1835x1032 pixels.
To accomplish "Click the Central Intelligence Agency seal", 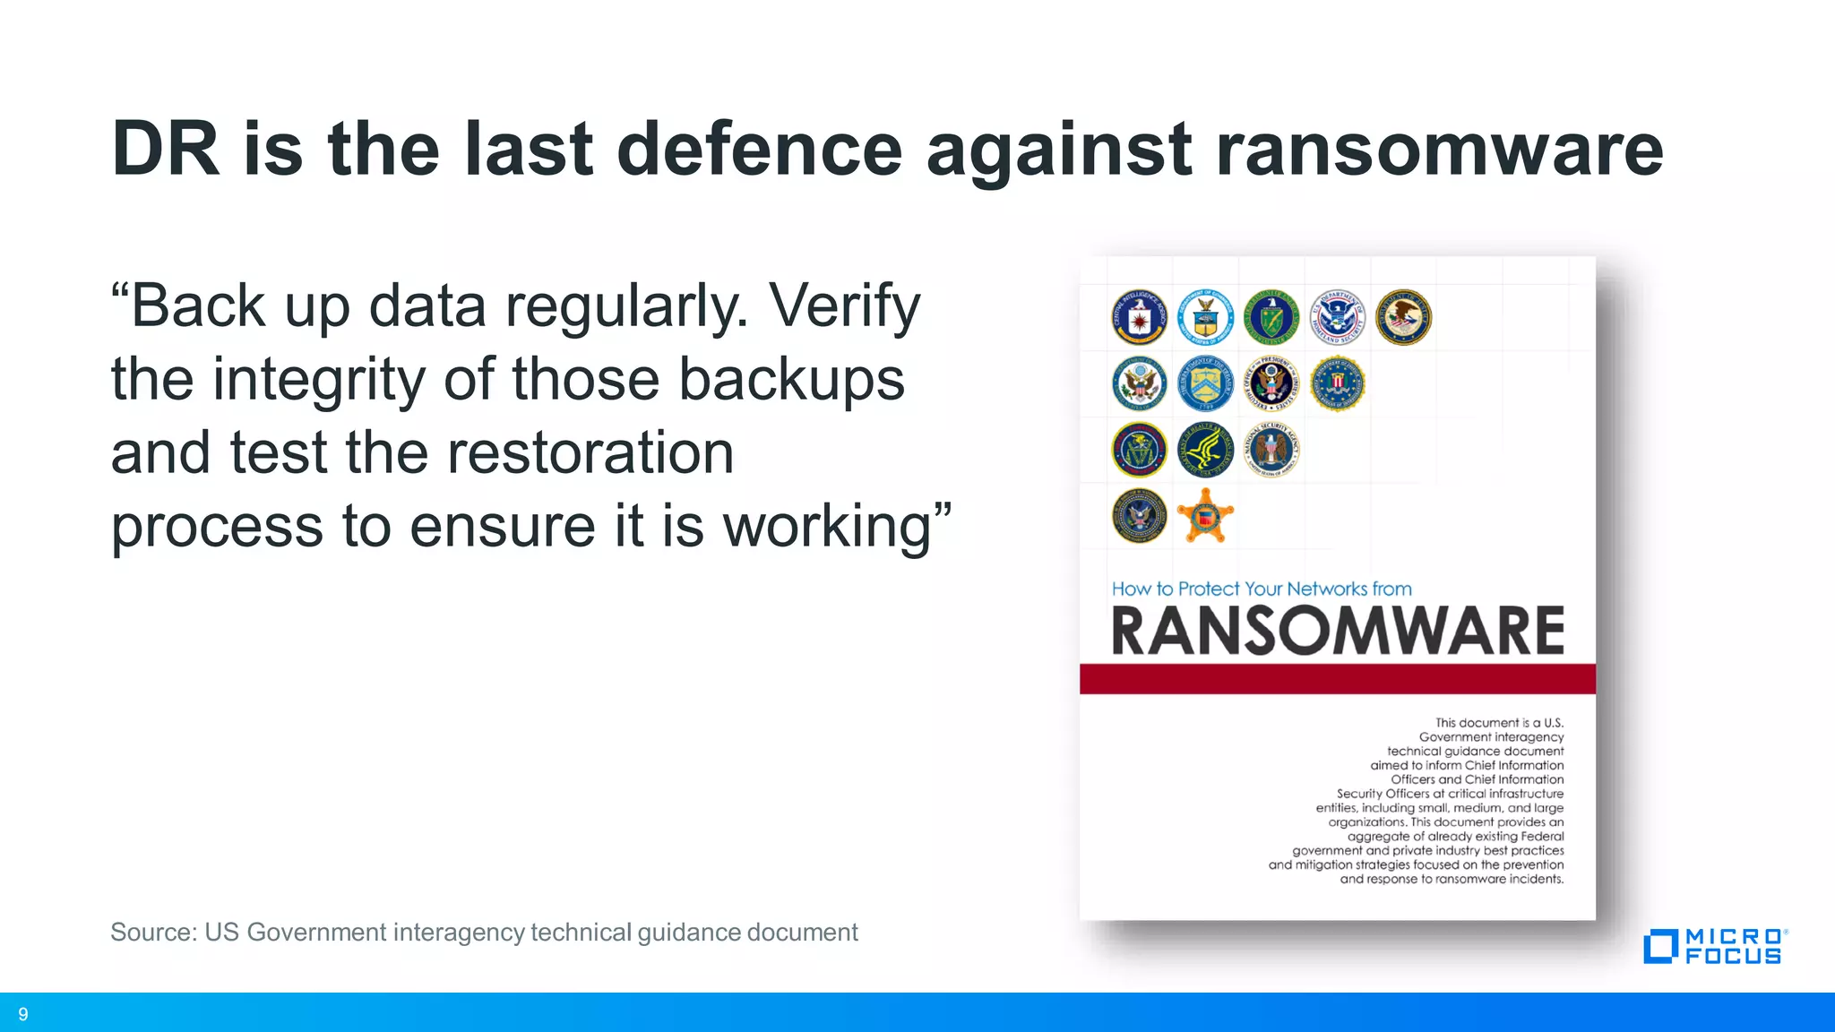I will point(1139,317).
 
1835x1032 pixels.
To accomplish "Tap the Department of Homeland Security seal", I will point(1337,317).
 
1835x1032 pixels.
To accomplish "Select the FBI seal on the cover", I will point(1337,383).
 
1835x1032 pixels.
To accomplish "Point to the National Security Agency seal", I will point(1271,449).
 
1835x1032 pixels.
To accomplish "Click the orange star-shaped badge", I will point(1205,515).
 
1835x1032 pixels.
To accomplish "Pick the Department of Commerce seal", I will point(1205,317).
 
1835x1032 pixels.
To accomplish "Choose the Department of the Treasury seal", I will point(1205,383).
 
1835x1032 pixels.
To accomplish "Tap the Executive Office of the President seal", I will point(1271,383).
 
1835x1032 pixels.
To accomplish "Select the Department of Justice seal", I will point(1403,317).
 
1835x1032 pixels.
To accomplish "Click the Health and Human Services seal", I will point(1205,449).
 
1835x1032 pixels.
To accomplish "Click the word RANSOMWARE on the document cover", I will point(1338,631).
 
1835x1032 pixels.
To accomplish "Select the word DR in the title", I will point(166,149).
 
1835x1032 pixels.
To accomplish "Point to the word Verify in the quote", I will point(845,306).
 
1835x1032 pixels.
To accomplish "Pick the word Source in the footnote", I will point(152,933).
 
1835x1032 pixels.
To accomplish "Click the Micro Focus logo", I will point(1715,946).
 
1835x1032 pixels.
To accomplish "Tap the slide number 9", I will point(23,1014).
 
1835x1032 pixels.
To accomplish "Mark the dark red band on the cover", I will point(1338,678).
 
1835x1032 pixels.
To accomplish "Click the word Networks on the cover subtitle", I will point(1326,589).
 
